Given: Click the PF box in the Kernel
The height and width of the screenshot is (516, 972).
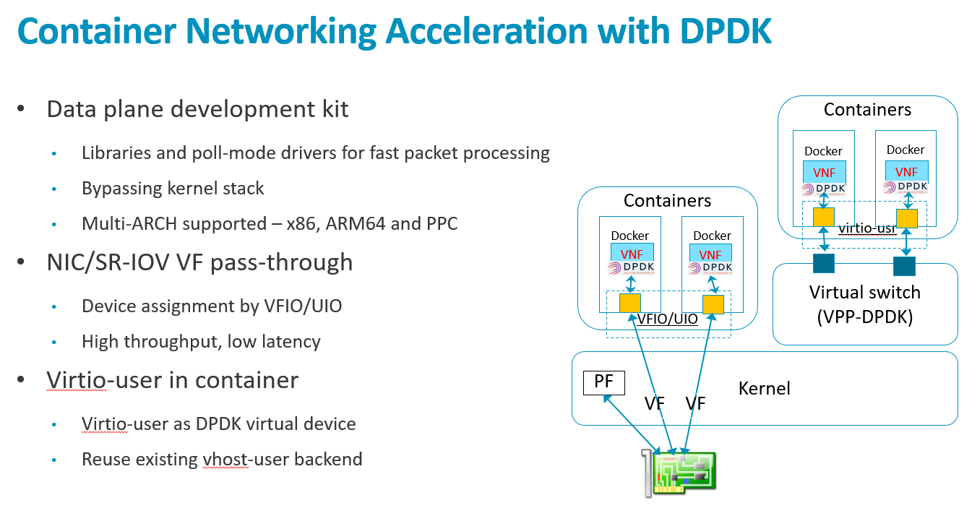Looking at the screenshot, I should click(603, 382).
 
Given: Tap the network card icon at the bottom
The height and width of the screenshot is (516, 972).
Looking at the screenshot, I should click(679, 473).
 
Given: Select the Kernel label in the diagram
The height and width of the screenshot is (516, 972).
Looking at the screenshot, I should click(764, 389).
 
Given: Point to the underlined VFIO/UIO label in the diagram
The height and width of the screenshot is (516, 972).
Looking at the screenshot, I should click(667, 319).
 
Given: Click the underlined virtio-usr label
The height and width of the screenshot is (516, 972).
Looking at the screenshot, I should click(867, 228).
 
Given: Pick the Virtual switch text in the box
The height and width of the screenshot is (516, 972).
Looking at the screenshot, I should click(864, 293).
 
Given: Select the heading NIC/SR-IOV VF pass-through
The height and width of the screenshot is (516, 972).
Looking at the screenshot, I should click(199, 262).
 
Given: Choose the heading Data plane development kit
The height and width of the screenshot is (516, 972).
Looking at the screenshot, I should click(197, 109).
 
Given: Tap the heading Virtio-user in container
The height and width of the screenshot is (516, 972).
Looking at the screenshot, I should click(172, 380).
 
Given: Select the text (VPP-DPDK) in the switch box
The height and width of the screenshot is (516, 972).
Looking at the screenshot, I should click(864, 317).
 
